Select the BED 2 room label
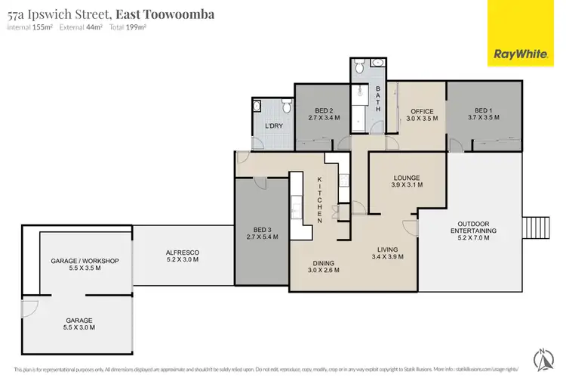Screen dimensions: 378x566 pyautogui.click(x=325, y=114)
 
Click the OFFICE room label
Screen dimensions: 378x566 pyautogui.click(x=422, y=115)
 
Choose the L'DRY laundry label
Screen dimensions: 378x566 pyautogui.click(x=273, y=126)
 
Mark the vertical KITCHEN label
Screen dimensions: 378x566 pyautogui.click(x=320, y=200)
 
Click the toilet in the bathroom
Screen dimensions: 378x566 pyautogui.click(x=360, y=69)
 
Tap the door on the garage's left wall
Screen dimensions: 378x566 pyautogui.click(x=29, y=308)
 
